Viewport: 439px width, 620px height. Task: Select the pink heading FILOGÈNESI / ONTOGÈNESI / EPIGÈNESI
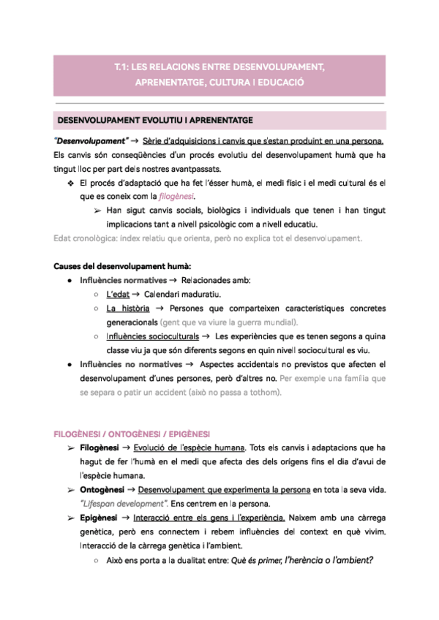(x=133, y=433)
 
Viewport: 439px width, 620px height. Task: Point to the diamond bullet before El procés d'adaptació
(x=70, y=183)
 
